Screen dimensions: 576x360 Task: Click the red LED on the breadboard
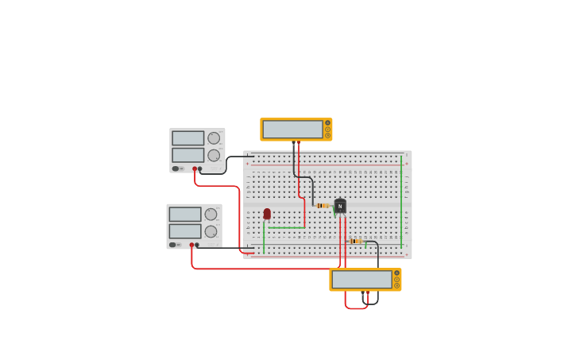click(267, 214)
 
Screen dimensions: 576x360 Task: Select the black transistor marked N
click(340, 206)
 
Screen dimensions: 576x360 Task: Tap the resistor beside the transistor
click(323, 206)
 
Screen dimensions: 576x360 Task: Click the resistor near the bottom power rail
click(355, 242)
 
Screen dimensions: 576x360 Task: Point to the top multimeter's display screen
click(292, 130)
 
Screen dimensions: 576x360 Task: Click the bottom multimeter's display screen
click(361, 280)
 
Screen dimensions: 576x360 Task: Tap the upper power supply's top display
click(187, 138)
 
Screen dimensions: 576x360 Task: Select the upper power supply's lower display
click(187, 155)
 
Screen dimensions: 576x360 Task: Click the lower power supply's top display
click(184, 215)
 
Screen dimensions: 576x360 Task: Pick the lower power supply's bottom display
click(184, 231)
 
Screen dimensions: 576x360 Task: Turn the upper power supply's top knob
click(214, 138)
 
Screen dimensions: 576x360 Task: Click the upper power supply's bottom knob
click(214, 156)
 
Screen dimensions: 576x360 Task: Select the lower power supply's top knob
click(211, 215)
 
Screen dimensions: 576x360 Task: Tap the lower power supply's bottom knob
click(211, 232)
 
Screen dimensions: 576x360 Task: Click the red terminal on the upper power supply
click(194, 168)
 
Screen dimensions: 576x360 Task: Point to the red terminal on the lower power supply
click(191, 245)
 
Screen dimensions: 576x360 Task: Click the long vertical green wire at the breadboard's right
click(401, 203)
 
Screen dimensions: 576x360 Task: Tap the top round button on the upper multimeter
click(327, 123)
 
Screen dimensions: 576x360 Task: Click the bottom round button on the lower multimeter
click(396, 285)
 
